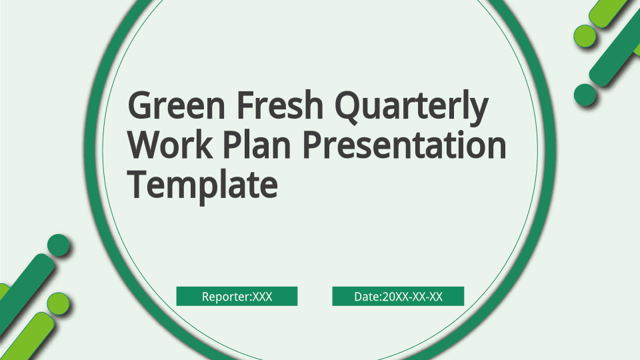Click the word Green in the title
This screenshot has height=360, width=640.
click(x=177, y=105)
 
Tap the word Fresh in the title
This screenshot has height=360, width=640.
click(x=280, y=105)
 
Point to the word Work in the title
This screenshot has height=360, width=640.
click(x=170, y=145)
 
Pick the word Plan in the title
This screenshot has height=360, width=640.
click(x=257, y=145)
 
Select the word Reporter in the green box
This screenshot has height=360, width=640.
click(x=226, y=297)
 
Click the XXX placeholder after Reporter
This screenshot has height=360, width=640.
click(x=263, y=296)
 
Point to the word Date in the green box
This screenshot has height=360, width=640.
click(x=367, y=296)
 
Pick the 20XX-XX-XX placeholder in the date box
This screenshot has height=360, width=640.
click(x=412, y=296)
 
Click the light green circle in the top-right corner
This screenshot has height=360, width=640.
click(x=585, y=35)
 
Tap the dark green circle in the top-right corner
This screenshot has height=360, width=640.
click(x=585, y=95)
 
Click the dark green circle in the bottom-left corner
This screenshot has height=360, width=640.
click(x=59, y=245)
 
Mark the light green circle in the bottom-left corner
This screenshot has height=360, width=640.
click(x=59, y=304)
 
